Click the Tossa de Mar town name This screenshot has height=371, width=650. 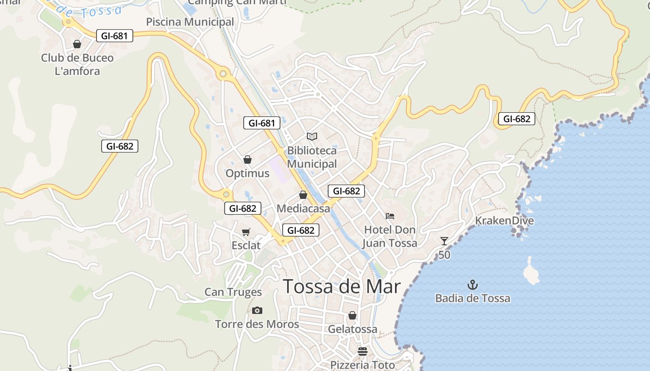(341, 287)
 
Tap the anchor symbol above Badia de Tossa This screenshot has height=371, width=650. (472, 284)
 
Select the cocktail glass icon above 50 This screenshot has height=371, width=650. (444, 241)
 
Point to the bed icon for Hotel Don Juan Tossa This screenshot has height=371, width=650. (390, 216)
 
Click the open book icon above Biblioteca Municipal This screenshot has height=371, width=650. (312, 136)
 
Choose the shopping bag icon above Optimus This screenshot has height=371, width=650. (247, 160)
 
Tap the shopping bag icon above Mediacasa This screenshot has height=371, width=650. (303, 195)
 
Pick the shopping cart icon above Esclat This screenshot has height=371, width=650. (246, 232)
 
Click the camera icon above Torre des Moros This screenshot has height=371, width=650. (257, 310)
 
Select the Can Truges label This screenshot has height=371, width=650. (233, 292)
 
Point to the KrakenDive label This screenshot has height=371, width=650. (504, 221)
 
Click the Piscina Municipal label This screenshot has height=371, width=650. (190, 22)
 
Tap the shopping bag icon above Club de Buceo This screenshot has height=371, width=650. (77, 44)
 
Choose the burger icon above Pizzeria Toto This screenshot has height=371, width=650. (363, 352)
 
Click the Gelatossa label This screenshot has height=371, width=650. (352, 329)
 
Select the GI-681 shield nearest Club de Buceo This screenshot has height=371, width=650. (115, 36)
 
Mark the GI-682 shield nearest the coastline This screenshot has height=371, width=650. (517, 119)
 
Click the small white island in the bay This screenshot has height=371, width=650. (531, 272)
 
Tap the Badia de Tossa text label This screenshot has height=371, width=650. (472, 298)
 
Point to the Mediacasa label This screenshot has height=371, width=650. (303, 209)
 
